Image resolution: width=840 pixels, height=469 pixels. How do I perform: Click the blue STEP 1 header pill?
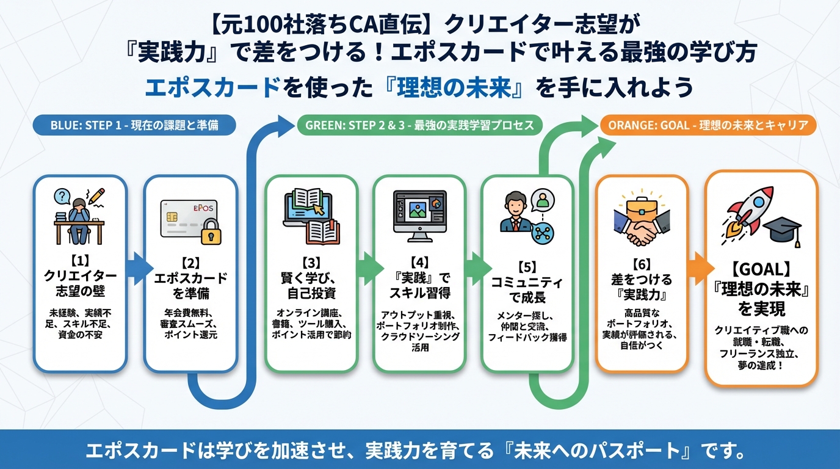(134, 126)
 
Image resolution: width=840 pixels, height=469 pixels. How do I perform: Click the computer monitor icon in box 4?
(419, 214)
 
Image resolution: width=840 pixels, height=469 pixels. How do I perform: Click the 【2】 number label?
(190, 264)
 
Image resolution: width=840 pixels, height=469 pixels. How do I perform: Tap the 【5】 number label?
(526, 267)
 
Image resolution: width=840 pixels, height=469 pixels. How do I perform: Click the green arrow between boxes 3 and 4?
(366, 269)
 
